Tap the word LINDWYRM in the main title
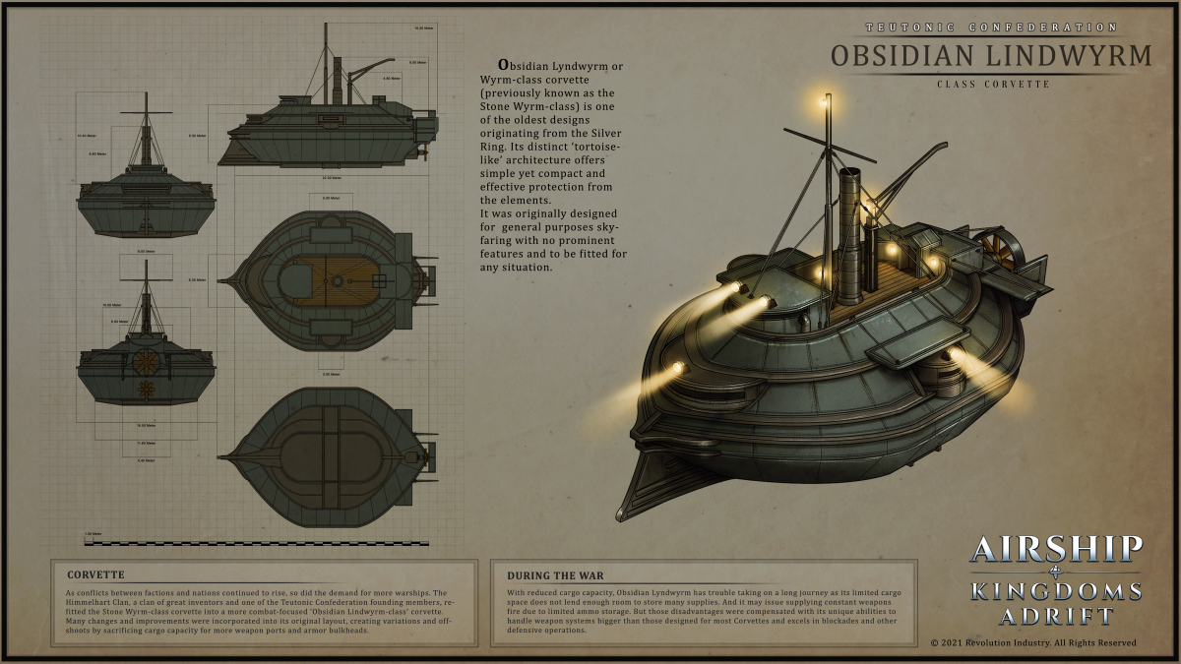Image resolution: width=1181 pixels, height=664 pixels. tap(1064, 55)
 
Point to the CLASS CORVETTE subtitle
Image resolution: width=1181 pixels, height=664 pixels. tap(990, 85)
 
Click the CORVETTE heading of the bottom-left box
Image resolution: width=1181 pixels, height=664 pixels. tap(95, 574)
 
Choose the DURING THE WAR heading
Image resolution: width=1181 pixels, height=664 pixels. tap(555, 574)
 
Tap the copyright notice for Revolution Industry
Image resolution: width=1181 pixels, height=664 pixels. tap(1032, 642)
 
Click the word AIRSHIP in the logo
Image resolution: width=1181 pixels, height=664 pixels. tap(1056, 549)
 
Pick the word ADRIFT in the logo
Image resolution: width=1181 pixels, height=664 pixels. tap(1056, 617)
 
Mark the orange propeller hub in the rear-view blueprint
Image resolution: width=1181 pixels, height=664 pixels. tap(146, 361)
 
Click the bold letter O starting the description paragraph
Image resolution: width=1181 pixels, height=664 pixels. tap(504, 65)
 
